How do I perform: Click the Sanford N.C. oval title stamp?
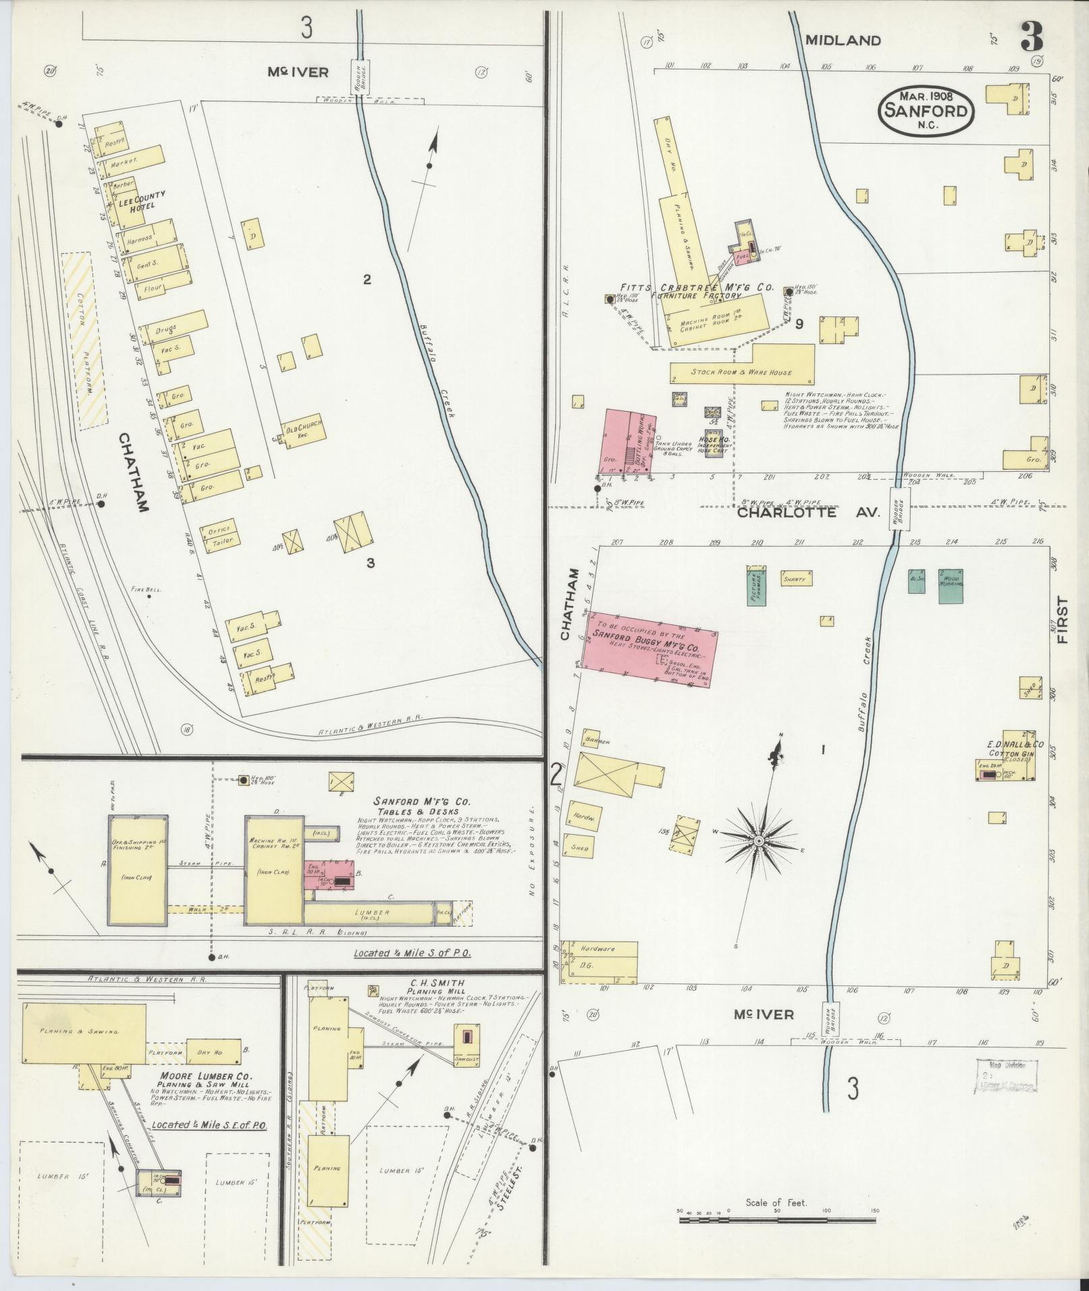(926, 111)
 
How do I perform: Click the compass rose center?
(758, 841)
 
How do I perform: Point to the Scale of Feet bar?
(776, 1219)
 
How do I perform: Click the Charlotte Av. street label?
(809, 512)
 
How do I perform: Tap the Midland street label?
(843, 40)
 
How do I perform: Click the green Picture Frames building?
(757, 584)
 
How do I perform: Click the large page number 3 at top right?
(1031, 36)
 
